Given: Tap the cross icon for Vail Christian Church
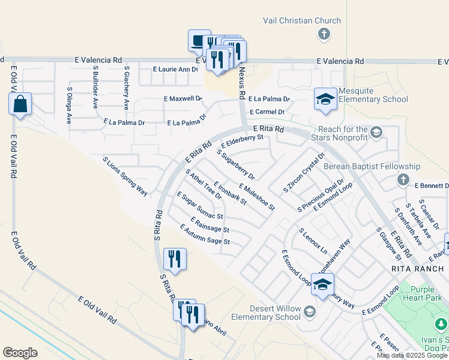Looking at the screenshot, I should pos(324,34).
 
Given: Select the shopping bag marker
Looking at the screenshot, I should pos(20,104).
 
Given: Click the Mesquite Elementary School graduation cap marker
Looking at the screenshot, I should pos(325,100).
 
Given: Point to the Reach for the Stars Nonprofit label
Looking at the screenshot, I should pos(343,133).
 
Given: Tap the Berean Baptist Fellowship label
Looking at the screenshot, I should pos(372,166).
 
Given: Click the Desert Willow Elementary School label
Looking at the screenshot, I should pos(266,313).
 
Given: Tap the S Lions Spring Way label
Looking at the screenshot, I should pos(125,176).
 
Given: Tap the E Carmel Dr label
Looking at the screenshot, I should pos(267,112).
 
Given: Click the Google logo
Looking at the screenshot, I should pos(20,353).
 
